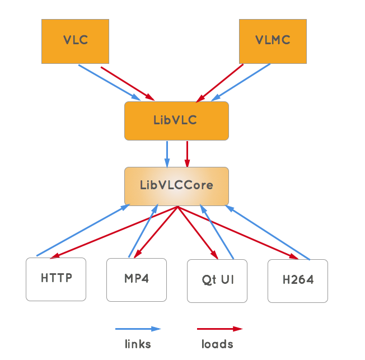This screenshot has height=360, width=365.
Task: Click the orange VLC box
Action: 75,41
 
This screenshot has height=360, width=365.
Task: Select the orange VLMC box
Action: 273,41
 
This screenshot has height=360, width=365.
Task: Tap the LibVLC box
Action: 176,120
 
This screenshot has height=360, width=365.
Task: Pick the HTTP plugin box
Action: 56,279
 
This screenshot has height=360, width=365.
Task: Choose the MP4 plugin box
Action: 137,279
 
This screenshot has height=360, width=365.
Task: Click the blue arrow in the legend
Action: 138,329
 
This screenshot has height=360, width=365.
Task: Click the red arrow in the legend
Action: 219,329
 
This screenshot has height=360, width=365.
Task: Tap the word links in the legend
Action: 137,343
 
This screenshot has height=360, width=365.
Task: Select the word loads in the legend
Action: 217,343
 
